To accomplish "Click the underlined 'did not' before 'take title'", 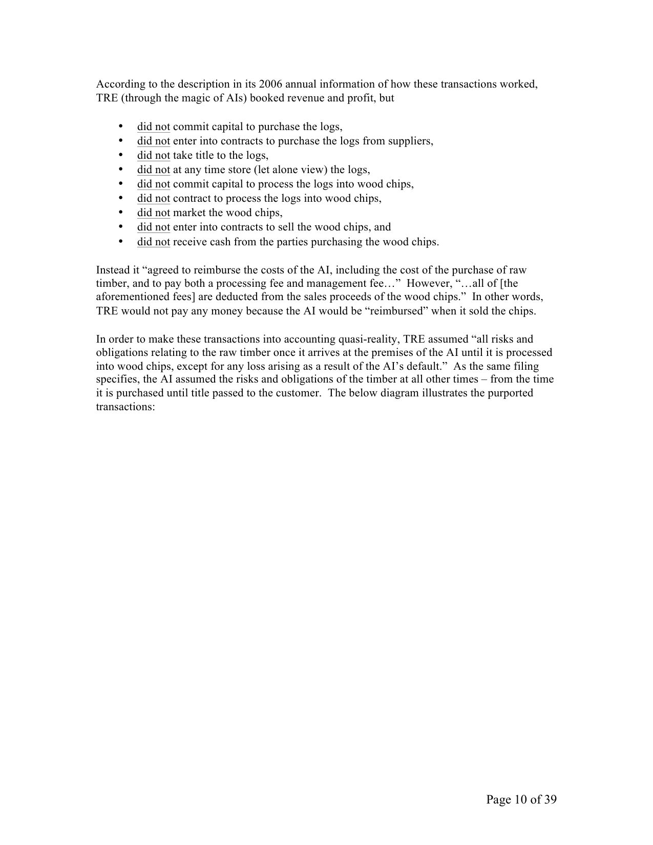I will pos(153,155).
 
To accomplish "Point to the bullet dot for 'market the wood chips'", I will pos(121,212).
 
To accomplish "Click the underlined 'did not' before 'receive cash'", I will pos(153,242).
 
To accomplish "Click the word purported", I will pos(510,393).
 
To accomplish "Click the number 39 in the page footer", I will pos(550,799).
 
